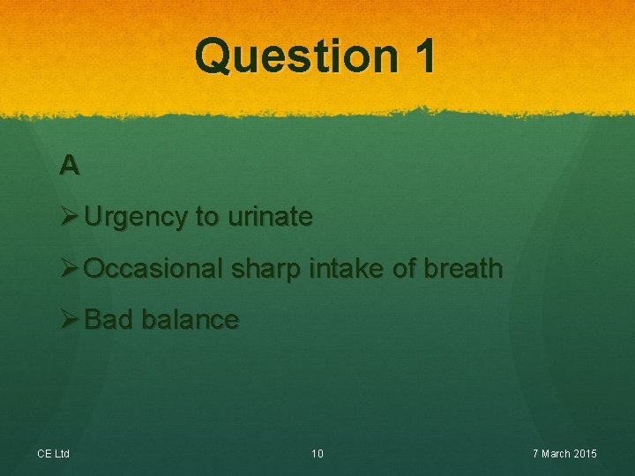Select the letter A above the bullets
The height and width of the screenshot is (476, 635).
point(70,165)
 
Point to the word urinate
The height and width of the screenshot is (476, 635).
point(270,217)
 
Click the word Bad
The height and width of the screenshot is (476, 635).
point(108,319)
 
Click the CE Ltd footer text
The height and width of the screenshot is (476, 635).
point(53,454)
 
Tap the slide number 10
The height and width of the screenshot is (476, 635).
point(317,454)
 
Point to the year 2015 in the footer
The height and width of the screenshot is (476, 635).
point(585,454)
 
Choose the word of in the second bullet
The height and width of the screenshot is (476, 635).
point(401,268)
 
